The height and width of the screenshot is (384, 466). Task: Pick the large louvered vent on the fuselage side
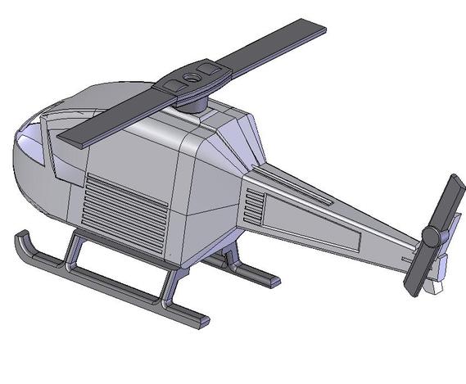click(x=127, y=205)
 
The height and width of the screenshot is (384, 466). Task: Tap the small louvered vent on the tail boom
click(x=254, y=207)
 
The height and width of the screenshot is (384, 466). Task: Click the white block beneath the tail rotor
click(x=435, y=287)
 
